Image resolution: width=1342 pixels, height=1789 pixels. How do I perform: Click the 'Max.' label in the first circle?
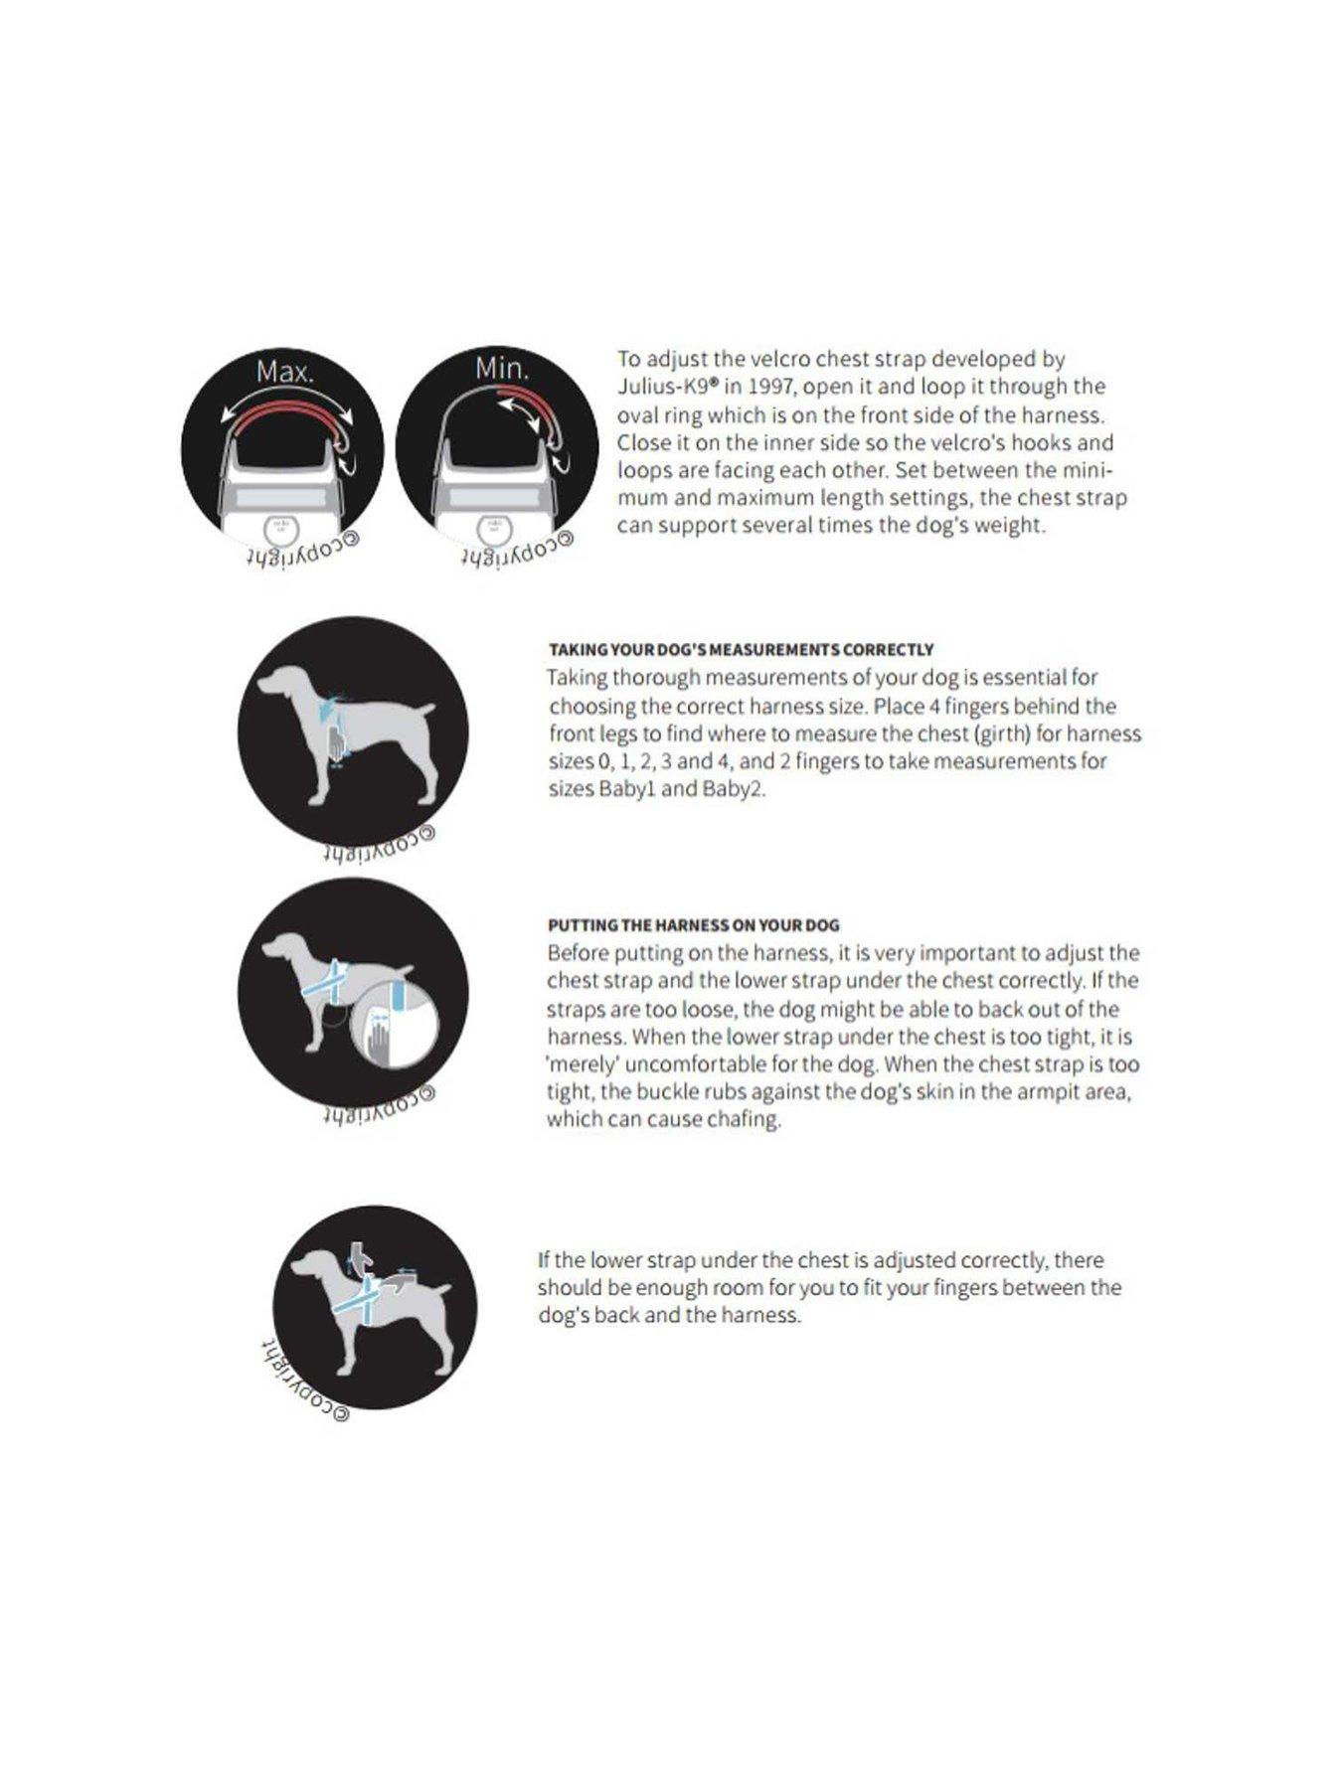(x=284, y=372)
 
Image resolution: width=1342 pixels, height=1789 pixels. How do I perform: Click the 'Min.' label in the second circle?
(x=502, y=369)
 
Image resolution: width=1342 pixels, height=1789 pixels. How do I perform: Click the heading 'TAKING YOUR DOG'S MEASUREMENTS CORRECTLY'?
(x=741, y=650)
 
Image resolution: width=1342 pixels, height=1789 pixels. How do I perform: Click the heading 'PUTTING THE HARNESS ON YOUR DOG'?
(x=693, y=925)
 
